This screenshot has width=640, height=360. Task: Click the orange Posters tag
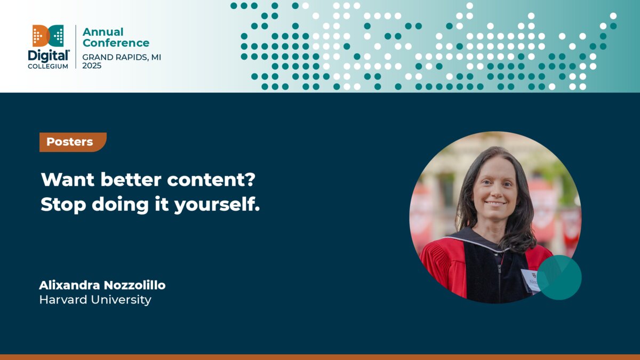click(72, 142)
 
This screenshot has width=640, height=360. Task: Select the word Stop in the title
click(63, 205)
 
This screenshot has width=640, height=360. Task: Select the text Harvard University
click(95, 300)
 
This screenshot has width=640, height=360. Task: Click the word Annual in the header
click(103, 32)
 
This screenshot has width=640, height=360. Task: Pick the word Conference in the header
click(116, 43)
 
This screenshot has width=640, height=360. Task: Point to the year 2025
click(92, 66)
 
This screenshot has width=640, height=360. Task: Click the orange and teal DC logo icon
click(48, 35)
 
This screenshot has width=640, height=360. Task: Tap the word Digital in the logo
click(48, 55)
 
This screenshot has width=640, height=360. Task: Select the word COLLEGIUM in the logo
click(48, 66)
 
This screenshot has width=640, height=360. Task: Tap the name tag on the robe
click(530, 279)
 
